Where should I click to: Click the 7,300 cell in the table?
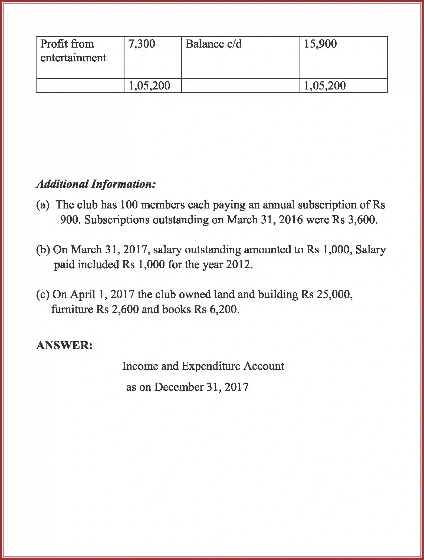point(142,44)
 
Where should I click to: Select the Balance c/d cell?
point(213,44)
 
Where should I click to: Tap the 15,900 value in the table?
point(320,44)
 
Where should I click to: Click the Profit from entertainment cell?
point(73,51)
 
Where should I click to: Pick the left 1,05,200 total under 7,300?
point(149,86)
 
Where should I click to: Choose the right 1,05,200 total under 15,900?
point(325,86)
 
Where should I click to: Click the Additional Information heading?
point(96,184)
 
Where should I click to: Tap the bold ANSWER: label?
point(64,345)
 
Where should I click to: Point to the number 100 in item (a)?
point(129,205)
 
